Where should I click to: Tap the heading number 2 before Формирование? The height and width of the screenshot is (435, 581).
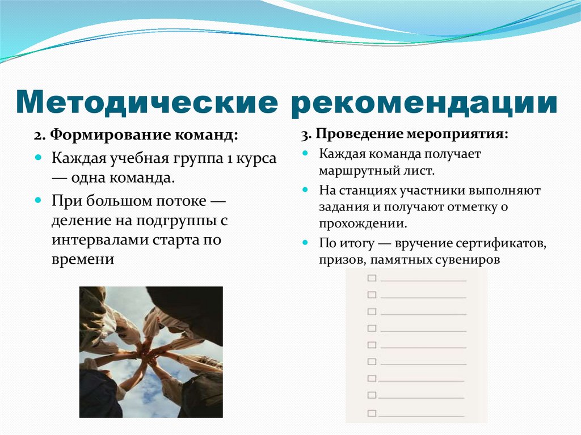point(37,137)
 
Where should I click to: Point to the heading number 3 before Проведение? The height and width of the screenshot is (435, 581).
point(305,134)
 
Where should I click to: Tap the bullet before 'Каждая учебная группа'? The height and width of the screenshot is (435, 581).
point(39,158)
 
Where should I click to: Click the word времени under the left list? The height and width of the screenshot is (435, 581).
point(83,259)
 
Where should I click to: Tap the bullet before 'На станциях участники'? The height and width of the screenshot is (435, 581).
point(305,190)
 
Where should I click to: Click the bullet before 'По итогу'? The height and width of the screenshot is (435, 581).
point(305,243)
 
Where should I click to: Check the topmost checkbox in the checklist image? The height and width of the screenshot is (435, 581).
point(372,278)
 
